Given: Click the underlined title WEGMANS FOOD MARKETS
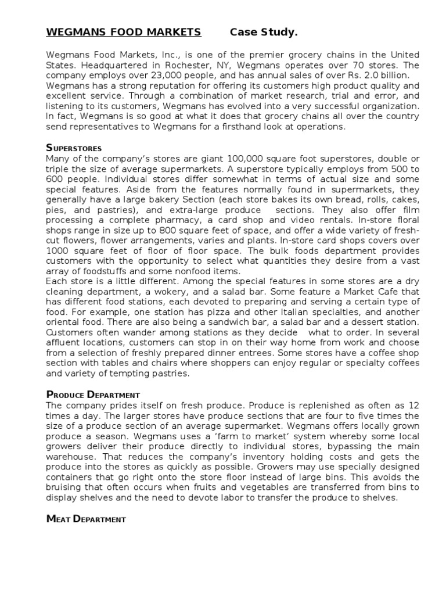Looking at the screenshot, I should point(124,32).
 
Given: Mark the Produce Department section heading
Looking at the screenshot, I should point(93,395).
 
